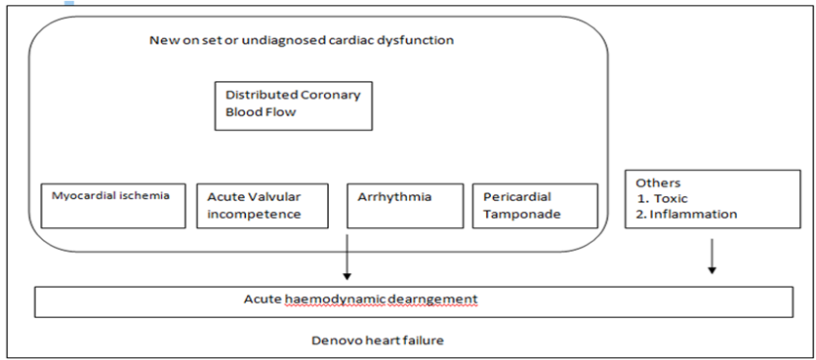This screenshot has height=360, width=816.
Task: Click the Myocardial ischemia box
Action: (x=113, y=206)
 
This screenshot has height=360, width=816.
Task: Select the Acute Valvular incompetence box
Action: (x=263, y=206)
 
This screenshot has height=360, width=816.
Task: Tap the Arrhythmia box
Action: (x=405, y=206)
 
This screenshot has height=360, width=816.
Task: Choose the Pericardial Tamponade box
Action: (x=535, y=206)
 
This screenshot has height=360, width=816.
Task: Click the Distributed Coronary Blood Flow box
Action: (x=294, y=105)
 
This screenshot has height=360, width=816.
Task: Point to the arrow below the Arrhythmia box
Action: (x=347, y=257)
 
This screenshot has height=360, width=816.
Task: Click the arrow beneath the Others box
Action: (x=712, y=257)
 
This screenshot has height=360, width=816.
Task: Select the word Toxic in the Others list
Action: (x=671, y=198)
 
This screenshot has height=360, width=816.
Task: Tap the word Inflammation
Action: (x=693, y=214)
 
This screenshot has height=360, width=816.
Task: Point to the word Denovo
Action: (x=332, y=340)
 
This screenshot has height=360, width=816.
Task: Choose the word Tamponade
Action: (x=522, y=215)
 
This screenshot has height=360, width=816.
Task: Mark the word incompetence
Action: (x=254, y=215)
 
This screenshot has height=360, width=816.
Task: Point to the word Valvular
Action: (x=278, y=197)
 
